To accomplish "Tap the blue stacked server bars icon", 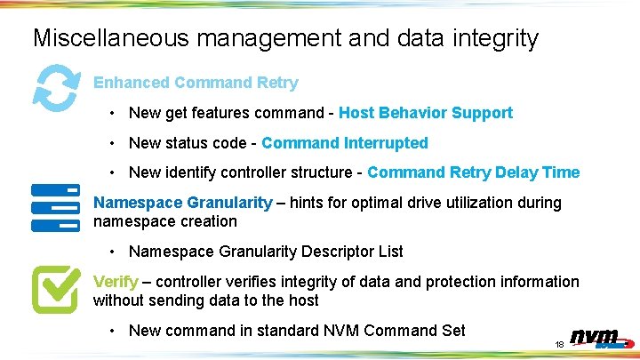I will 56,208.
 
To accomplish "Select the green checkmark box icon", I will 56,288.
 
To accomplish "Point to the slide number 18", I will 560,344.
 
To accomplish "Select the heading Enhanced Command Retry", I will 196,83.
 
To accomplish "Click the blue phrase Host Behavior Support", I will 426,113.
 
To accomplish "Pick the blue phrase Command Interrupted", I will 345,143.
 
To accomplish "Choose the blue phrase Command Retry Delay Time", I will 473,172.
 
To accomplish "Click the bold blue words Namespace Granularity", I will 182,203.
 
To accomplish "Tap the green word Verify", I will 116,282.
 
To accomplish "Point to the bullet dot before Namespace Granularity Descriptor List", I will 113,252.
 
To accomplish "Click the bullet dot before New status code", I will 113,143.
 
